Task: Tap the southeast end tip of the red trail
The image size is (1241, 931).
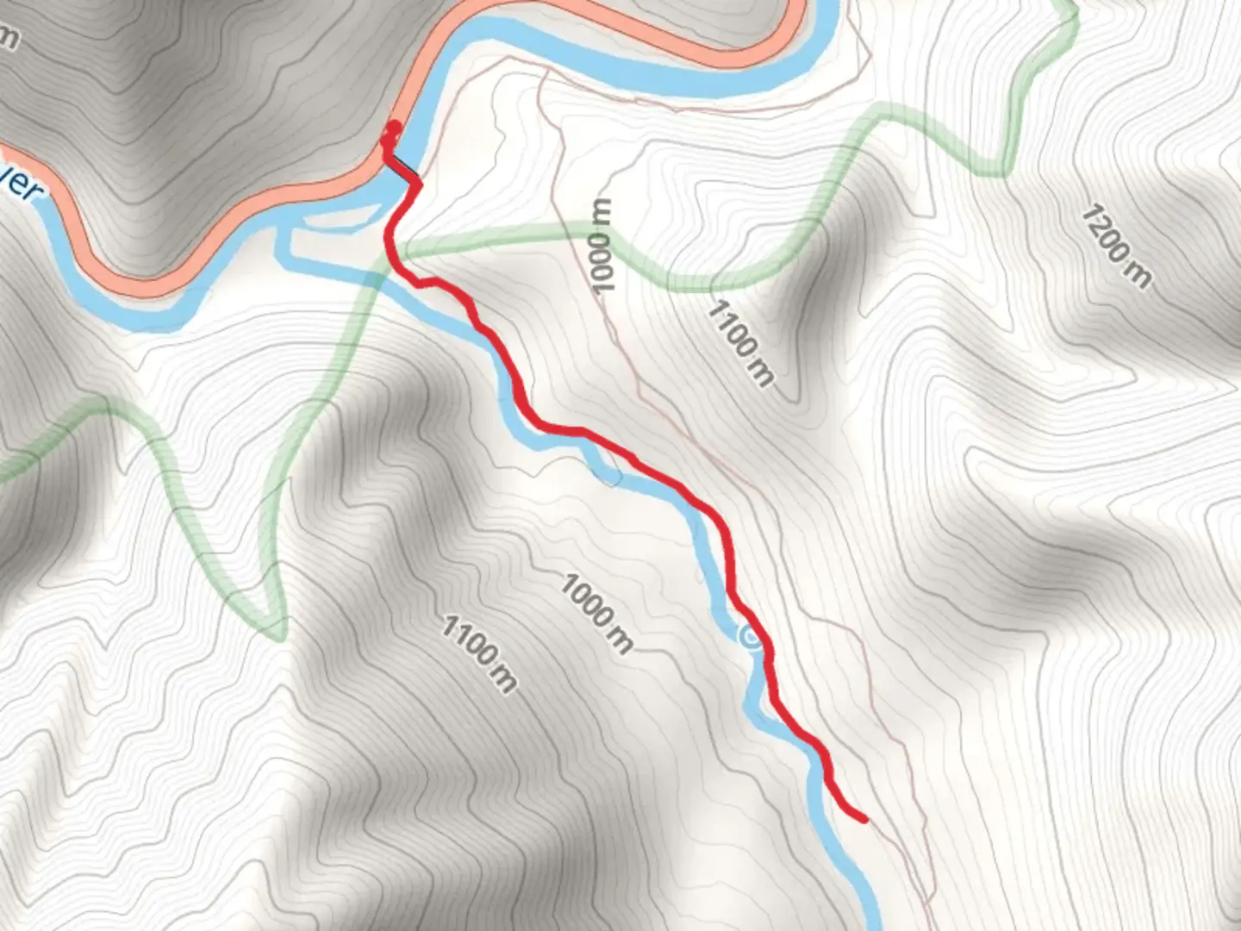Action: (864, 820)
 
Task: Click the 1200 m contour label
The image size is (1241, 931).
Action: (1116, 246)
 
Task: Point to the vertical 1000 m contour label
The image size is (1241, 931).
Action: (602, 246)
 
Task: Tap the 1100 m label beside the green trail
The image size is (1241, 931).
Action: (740, 342)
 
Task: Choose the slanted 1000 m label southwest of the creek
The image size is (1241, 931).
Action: (596, 613)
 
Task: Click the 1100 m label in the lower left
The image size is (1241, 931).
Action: (480, 653)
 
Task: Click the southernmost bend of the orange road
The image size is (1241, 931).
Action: (147, 288)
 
